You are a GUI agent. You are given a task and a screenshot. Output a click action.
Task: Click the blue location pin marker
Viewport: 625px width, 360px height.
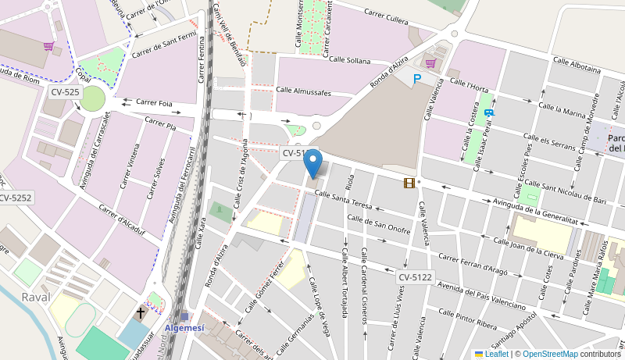click(312, 164)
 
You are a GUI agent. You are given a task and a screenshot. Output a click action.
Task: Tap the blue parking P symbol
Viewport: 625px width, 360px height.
click(417, 79)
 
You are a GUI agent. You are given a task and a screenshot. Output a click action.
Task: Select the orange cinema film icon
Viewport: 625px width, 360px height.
click(409, 183)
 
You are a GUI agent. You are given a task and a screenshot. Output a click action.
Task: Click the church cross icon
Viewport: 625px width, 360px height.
click(141, 313)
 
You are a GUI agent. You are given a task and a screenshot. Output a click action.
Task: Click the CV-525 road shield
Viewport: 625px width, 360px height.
click(65, 92)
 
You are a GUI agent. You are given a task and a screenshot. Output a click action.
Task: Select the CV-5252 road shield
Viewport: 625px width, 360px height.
click(15, 198)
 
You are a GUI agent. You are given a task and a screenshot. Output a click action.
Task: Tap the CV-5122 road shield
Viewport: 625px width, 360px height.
click(415, 277)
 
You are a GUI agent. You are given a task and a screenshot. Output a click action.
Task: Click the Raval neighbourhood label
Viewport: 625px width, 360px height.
click(37, 297)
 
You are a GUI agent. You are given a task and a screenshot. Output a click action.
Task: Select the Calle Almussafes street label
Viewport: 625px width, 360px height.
click(304, 92)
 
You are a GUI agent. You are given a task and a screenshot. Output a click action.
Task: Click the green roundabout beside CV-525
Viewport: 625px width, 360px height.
click(92, 98)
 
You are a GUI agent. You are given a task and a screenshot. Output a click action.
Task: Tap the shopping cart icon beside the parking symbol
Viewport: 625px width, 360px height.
click(430, 63)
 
